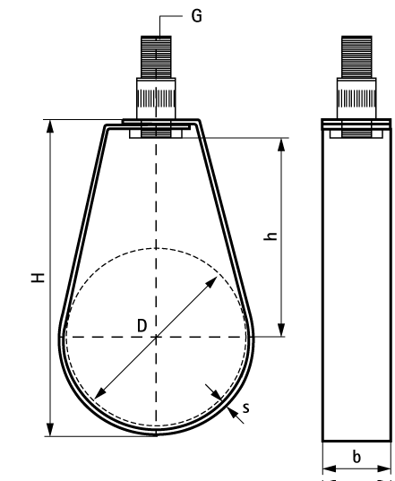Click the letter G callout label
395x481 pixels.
tap(196, 15)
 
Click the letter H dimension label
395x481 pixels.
tap(39, 278)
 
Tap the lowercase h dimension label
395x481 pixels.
tap(270, 236)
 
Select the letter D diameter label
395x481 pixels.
tap(142, 326)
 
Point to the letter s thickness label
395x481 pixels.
tap(245, 408)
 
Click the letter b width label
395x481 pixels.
tap(356, 457)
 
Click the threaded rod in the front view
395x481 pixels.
tap(156, 56)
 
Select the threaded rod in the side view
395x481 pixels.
tap(356, 56)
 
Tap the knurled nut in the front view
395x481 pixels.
tap(156, 99)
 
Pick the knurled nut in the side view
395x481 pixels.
tap(356, 99)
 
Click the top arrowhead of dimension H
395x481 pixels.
tap(49, 126)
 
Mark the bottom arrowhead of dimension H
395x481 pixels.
tap(49, 429)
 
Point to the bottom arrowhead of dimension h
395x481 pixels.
tap(281, 330)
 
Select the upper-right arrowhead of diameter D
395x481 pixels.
tap(211, 282)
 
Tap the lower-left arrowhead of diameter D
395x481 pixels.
tap(100, 393)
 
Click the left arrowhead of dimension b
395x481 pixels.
tap(330, 468)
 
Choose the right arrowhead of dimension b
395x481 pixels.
tap(384, 468)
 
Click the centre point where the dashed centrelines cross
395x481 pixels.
tap(156, 337)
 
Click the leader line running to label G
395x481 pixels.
tap(167, 16)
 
